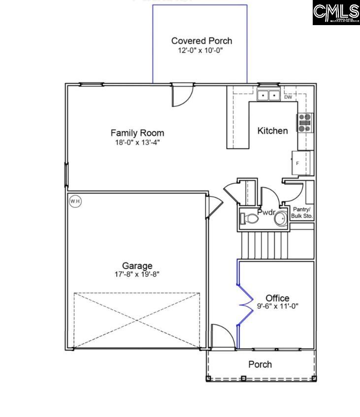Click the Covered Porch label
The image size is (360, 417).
[x=201, y=41]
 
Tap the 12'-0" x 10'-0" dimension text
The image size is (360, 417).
[x=201, y=51]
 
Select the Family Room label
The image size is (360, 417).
[x=137, y=133]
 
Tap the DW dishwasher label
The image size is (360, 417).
[x=288, y=97]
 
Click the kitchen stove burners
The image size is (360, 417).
[x=304, y=123]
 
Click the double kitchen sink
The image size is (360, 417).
[x=268, y=95]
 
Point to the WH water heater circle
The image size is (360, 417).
[x=75, y=201]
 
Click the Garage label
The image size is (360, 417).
[x=137, y=266]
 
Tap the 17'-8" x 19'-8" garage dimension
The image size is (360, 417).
[x=137, y=275]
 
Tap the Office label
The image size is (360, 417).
[x=277, y=298]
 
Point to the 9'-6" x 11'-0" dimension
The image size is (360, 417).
[x=278, y=306]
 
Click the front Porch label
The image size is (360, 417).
[x=260, y=364]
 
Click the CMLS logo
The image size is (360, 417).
[x=336, y=13]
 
